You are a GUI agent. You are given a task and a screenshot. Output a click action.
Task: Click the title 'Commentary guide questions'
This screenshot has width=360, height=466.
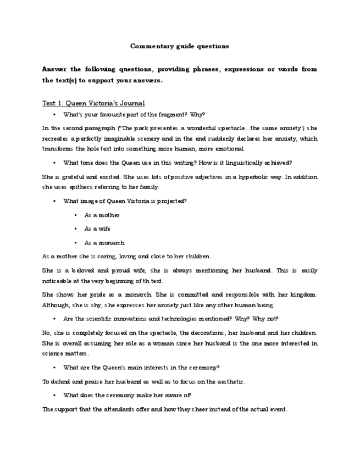coord(180,46)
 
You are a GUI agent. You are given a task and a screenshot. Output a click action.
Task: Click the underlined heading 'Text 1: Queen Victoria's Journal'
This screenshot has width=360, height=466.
coord(93,103)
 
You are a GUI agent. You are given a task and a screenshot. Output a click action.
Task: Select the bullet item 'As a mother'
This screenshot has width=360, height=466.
coord(102,215)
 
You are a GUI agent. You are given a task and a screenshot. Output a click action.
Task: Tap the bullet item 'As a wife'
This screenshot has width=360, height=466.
coord(97,229)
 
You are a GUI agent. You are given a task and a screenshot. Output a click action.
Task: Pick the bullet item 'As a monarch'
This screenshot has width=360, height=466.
coord(104,243)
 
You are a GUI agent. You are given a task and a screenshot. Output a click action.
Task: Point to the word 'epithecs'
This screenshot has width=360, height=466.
coord(78,187)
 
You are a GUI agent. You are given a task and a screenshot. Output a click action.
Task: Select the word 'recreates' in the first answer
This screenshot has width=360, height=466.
coord(55,138)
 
